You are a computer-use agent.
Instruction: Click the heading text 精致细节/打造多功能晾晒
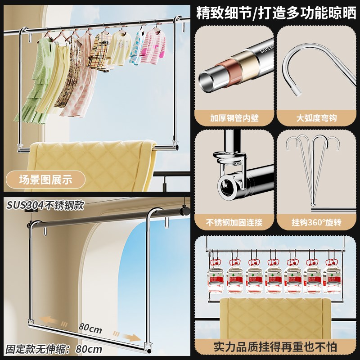pos(276,13)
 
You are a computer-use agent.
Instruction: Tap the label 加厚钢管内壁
pos(234,118)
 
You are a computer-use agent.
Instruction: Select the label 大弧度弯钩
pos(317,118)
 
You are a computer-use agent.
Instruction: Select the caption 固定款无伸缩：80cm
pos(54,349)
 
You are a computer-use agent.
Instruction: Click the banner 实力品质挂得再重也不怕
pos(276,347)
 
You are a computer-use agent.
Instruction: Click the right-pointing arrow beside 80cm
pos(128,337)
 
